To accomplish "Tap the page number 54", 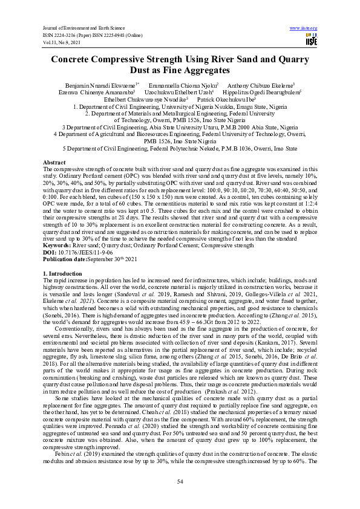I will tap(180, 481).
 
